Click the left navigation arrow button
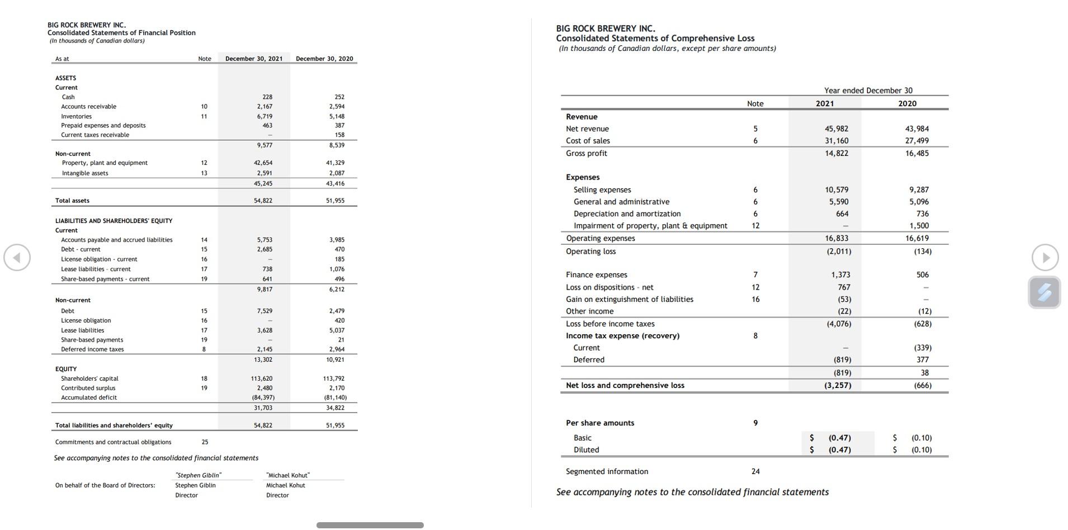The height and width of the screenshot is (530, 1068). click(17, 258)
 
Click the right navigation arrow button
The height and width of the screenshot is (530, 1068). click(1045, 258)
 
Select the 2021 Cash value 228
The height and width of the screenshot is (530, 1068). click(267, 97)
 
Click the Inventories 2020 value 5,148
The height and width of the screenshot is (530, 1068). click(337, 116)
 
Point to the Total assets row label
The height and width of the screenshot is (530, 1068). click(72, 201)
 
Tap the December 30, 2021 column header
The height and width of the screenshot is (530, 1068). click(254, 59)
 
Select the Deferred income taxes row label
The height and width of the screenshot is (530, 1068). click(92, 349)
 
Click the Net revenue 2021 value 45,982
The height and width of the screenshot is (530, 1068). click(836, 129)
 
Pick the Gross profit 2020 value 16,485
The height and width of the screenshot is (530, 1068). click(916, 153)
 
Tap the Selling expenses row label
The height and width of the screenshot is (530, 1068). click(602, 190)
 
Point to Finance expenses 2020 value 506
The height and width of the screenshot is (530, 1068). click(922, 275)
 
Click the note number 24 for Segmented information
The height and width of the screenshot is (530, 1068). click(755, 472)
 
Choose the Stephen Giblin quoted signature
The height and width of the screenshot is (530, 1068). click(199, 475)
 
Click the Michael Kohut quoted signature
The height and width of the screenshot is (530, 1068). click(288, 475)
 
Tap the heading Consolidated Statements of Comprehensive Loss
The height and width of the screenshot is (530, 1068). click(655, 39)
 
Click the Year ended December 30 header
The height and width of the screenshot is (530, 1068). click(868, 91)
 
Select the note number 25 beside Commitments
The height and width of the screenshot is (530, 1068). click(205, 442)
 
